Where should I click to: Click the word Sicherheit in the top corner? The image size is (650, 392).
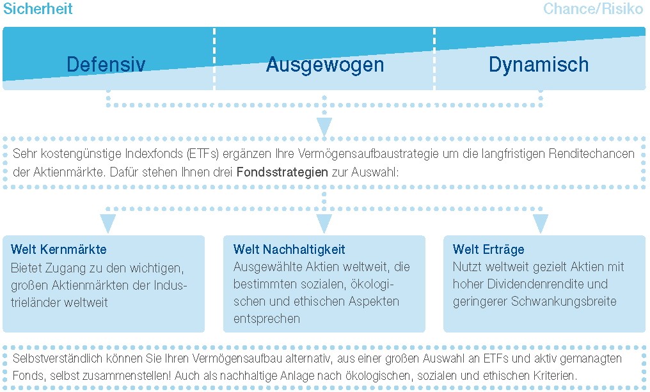38,9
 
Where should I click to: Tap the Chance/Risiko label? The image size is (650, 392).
593,9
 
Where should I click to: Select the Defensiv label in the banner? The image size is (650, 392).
106,64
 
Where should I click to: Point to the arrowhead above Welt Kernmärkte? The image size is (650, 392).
107,223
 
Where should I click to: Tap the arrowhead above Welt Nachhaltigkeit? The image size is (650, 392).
324,223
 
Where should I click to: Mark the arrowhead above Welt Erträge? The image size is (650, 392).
541,223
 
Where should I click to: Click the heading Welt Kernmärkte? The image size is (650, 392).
58,249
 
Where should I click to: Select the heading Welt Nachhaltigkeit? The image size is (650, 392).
289,249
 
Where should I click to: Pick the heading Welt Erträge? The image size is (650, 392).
488,249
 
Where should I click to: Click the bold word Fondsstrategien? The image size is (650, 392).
282,172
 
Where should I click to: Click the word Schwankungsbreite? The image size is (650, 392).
564,301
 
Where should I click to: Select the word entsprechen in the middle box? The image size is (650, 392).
267,319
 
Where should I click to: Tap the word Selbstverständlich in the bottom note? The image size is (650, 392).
57,359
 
